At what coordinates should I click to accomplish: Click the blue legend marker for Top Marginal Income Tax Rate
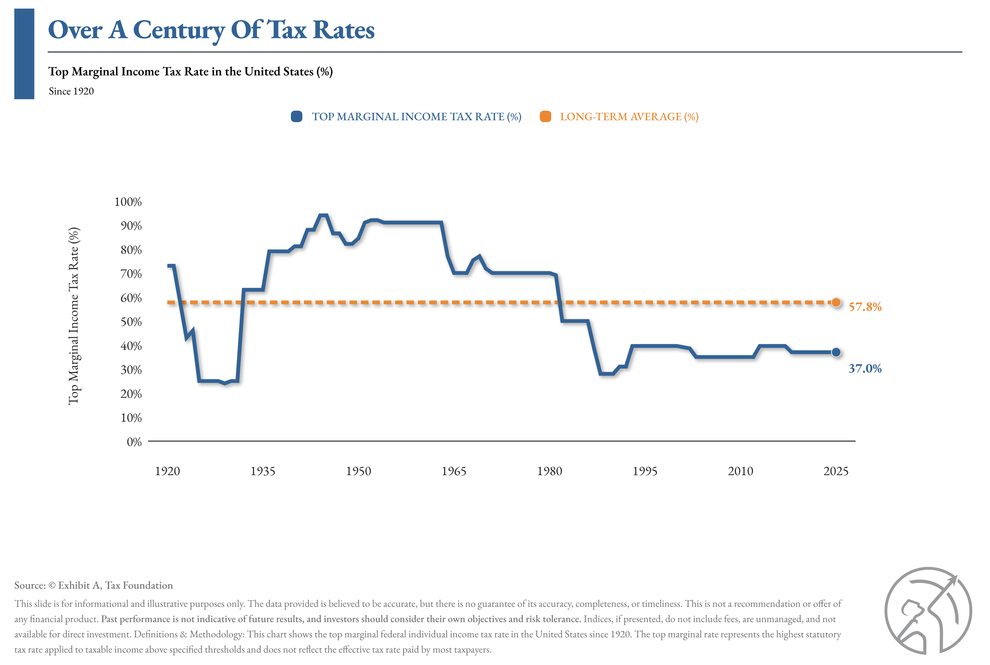pos(296,117)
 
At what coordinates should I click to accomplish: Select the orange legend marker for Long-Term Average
pos(545,117)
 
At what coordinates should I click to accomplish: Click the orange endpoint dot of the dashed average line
pos(836,302)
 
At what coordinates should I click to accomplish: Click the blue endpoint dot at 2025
pos(836,352)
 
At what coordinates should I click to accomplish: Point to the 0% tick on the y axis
pos(134,442)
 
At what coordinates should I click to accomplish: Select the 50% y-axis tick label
pos(131,322)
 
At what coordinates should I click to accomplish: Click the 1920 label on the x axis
pos(168,471)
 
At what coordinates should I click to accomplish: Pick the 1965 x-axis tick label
pos(454,471)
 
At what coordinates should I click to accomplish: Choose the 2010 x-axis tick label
pos(740,471)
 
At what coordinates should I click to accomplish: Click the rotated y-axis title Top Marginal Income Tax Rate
pos(74,316)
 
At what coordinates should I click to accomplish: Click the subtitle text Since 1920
pos(71,91)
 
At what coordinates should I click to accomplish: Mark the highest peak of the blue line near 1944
pos(323,215)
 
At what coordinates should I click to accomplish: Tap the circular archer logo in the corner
pos(928,611)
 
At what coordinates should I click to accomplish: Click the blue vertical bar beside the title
pos(24,54)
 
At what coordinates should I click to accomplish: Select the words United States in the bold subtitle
pos(278,71)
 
